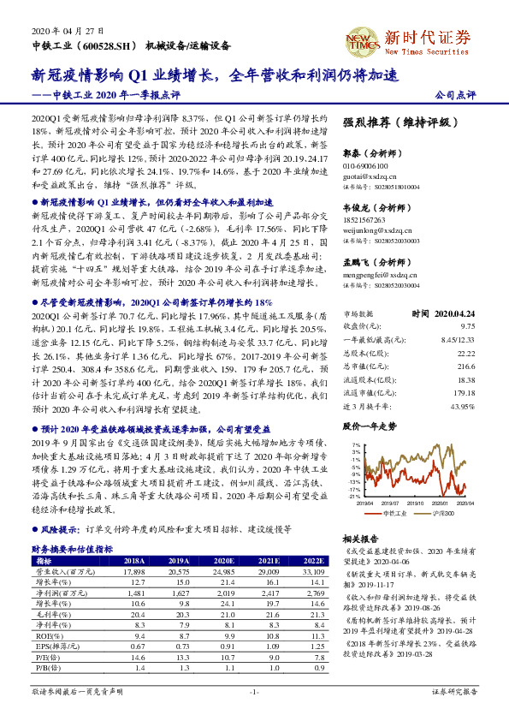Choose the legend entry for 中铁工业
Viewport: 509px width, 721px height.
[394, 513]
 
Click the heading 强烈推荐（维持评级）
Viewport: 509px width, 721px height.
[400, 123]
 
